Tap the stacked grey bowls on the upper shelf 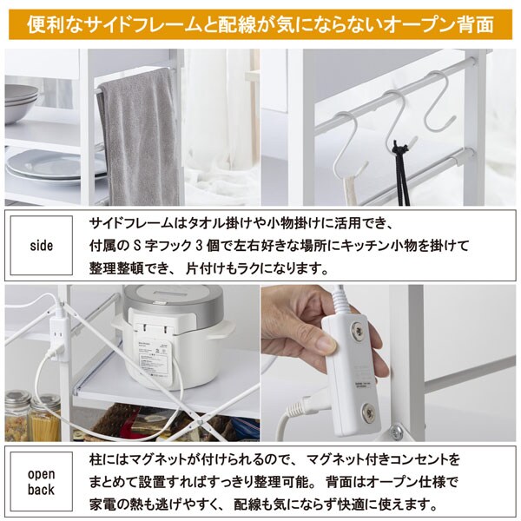21,102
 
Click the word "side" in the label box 41,246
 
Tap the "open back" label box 41,482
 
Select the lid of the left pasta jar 17,399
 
